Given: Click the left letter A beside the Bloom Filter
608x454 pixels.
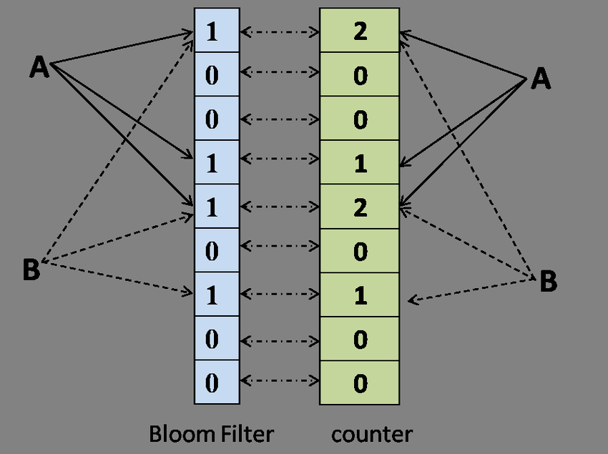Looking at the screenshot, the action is click(x=39, y=66).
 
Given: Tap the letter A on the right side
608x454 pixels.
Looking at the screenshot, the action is click(x=541, y=79).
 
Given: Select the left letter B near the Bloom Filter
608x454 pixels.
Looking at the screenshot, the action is click(x=31, y=269).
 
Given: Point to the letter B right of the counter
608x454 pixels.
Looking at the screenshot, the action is click(x=549, y=281).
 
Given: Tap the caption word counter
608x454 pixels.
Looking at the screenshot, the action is click(x=372, y=435).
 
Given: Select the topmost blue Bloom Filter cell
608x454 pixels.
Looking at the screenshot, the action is click(x=217, y=30).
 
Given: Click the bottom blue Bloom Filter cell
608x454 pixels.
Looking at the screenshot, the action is click(x=217, y=383).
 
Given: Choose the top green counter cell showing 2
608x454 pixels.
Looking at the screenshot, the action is click(x=360, y=30).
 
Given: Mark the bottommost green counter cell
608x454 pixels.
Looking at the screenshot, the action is click(x=360, y=383).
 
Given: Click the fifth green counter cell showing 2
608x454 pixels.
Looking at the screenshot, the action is click(x=360, y=207).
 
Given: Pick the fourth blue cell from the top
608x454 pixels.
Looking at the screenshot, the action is click(x=217, y=162).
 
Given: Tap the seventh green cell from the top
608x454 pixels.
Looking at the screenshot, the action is click(x=360, y=295).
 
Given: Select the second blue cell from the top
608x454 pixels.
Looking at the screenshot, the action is click(x=217, y=74).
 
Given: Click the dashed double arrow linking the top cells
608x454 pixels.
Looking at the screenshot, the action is click(x=280, y=31).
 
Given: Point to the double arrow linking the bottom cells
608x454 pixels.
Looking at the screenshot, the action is click(x=280, y=380).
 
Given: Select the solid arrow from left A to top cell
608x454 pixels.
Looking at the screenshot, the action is click(x=122, y=48).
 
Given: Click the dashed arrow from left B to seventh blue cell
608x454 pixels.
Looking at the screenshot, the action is click(x=117, y=277).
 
